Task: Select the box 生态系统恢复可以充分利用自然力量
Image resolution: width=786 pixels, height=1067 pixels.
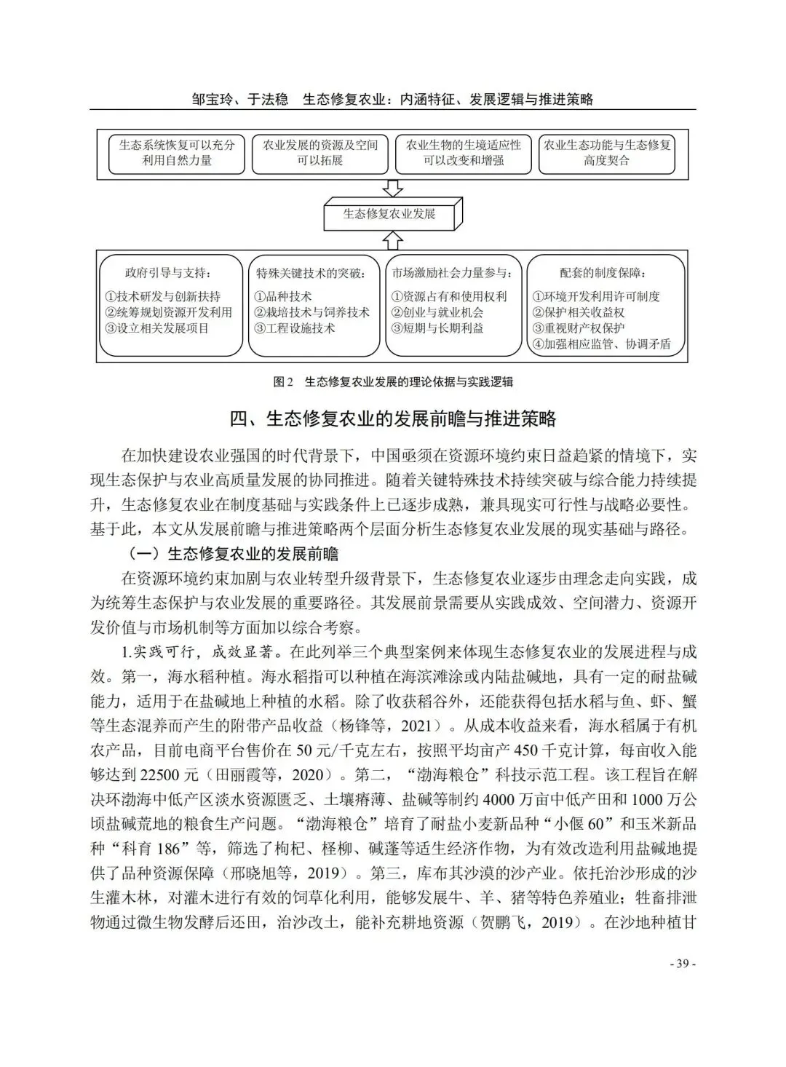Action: [x=177, y=153]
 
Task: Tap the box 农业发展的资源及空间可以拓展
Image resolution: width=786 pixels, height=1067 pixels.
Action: [x=320, y=153]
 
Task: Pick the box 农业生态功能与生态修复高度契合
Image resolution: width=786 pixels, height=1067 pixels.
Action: [x=607, y=153]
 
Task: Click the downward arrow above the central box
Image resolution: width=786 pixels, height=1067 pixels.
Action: [x=392, y=187]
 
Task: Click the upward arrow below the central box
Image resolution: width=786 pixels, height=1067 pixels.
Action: [x=392, y=239]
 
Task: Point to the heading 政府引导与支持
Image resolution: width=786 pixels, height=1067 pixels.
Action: [x=168, y=274]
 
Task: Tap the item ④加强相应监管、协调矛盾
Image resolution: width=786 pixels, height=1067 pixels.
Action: [x=601, y=344]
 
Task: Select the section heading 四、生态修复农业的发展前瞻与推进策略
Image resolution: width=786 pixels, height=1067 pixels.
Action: [x=392, y=419]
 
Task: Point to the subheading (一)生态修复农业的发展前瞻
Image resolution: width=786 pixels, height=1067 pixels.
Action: [x=230, y=554]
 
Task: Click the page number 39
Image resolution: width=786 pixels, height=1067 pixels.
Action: [x=682, y=964]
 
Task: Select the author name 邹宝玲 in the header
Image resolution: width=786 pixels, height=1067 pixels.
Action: [x=213, y=98]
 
